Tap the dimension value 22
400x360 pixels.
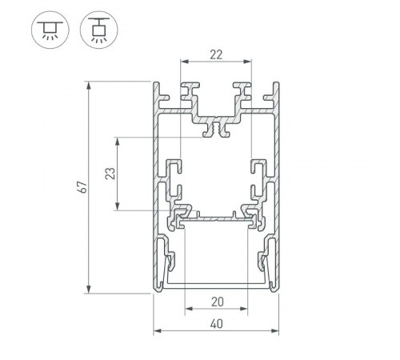[x=215, y=55]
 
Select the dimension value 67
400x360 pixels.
[x=81, y=186]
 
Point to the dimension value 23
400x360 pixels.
[x=111, y=174]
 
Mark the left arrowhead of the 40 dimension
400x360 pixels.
[x=156, y=329]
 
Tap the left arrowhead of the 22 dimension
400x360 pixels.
[x=183, y=62]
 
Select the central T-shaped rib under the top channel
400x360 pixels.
[x=215, y=128]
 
